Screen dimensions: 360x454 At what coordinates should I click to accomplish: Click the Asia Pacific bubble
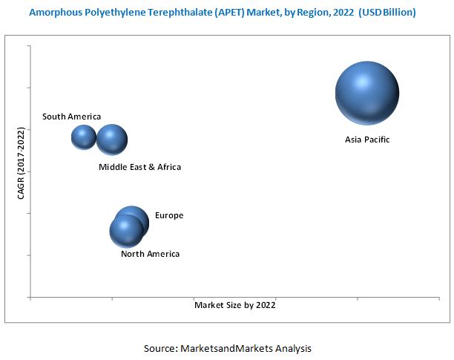click(x=367, y=94)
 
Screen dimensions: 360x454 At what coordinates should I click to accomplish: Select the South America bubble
click(x=84, y=137)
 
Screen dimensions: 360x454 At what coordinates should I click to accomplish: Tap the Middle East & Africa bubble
click(x=112, y=140)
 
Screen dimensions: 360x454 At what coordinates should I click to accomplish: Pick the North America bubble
click(x=125, y=232)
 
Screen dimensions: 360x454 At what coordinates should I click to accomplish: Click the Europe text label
click(x=168, y=216)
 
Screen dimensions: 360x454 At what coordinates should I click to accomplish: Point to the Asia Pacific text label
click(x=366, y=140)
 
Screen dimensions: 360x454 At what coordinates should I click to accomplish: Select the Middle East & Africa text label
click(x=139, y=167)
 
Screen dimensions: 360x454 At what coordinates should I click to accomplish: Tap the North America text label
click(x=150, y=254)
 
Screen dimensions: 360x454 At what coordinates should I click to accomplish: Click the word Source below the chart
click(x=159, y=347)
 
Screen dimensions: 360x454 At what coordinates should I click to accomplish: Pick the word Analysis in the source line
click(x=292, y=347)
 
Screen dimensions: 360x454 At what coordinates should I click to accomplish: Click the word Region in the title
click(x=307, y=13)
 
